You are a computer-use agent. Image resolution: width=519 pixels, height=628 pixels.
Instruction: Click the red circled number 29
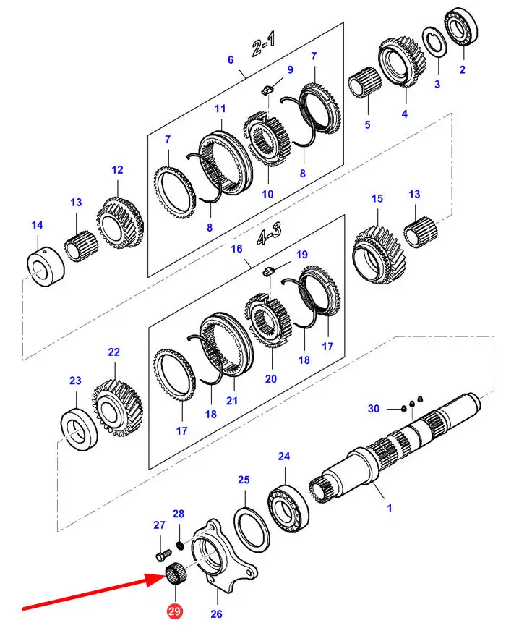tap(174, 611)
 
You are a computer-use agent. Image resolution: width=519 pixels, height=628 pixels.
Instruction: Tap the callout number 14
tap(37, 225)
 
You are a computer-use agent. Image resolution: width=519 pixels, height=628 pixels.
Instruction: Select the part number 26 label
tap(216, 614)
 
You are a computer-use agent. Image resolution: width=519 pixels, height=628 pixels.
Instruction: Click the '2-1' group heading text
tap(264, 44)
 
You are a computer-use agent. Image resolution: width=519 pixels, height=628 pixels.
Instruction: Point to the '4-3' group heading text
tap(270, 234)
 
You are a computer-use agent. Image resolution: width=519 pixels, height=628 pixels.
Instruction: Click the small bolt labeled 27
tap(163, 555)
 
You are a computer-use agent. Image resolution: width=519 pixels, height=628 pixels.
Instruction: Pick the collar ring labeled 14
tap(46, 266)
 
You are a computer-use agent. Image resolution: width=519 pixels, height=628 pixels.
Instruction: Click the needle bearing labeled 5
tap(364, 82)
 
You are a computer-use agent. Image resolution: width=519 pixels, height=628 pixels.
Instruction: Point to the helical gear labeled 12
tap(120, 222)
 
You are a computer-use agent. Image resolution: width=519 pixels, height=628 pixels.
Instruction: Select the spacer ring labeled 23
tap(80, 429)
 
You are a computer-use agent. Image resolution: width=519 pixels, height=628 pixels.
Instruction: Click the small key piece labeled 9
tap(267, 89)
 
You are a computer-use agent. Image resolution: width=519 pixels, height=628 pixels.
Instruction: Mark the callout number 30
tap(373, 409)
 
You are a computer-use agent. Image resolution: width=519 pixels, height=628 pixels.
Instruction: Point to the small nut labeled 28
tap(181, 545)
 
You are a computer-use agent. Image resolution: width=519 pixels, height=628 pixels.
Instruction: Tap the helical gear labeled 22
tap(118, 408)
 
